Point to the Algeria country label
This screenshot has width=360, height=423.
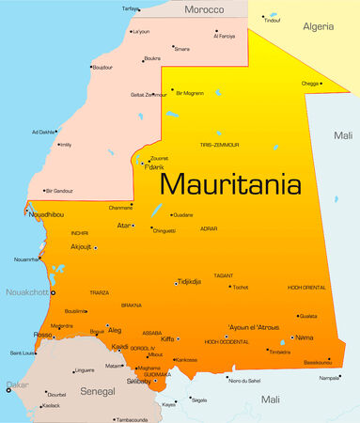tap(318, 27)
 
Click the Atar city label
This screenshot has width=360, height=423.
tap(124, 226)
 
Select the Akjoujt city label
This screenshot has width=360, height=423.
tap(81, 247)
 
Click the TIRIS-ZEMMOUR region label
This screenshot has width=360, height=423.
tap(219, 145)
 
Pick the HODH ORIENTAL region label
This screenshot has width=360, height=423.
tap(306, 287)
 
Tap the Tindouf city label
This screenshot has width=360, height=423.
tap(272, 20)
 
